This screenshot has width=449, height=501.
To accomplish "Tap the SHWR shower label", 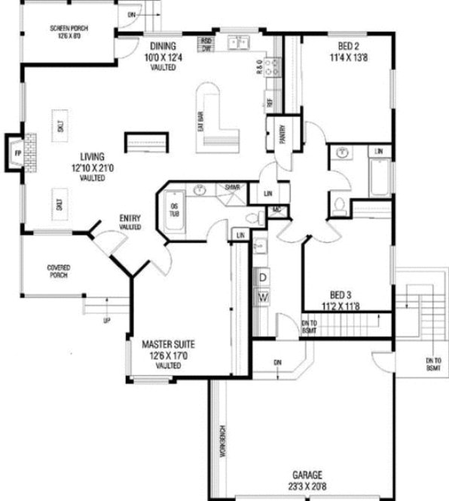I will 231,187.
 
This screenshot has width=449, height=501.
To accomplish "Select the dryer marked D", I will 263,278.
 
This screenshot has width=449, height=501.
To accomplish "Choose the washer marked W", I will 263,297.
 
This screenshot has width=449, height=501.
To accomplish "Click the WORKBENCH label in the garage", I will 224,437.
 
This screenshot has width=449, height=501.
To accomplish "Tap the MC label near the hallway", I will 276,210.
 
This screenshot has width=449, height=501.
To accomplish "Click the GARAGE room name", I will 308,475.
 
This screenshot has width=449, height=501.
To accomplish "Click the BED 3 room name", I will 341,294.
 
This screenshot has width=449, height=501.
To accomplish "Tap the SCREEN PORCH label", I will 69,28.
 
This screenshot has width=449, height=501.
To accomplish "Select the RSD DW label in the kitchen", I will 206,45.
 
